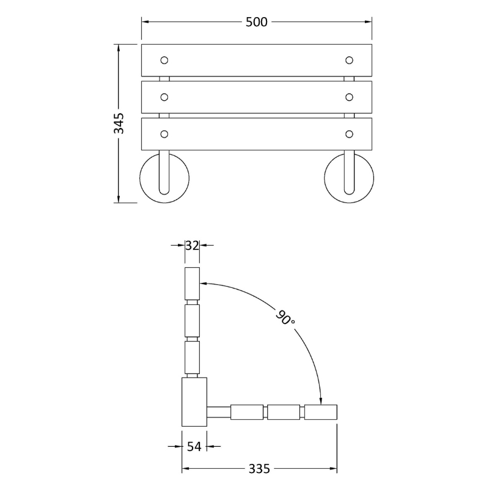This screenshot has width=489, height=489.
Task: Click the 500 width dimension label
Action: (256, 22)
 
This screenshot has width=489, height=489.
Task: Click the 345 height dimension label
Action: (119, 123)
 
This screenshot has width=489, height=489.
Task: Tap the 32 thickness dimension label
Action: (192, 246)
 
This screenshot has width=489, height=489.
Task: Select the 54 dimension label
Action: (194, 447)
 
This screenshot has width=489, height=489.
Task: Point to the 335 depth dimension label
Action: (259, 468)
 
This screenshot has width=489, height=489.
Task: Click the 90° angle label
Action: (285, 317)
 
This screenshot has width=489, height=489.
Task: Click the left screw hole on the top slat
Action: (164, 60)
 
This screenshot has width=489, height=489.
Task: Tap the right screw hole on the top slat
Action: (349, 60)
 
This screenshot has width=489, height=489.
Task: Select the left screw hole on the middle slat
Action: (164, 97)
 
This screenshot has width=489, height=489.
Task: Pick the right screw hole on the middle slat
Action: (349, 97)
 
